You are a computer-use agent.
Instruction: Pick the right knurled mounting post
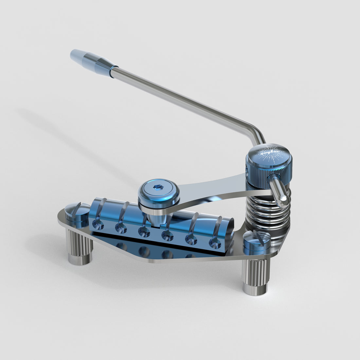(x=255, y=277)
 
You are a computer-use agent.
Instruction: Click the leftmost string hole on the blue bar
(x=98, y=225)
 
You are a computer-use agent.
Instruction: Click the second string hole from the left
(x=121, y=228)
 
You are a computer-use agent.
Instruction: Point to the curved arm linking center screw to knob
(x=213, y=193)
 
